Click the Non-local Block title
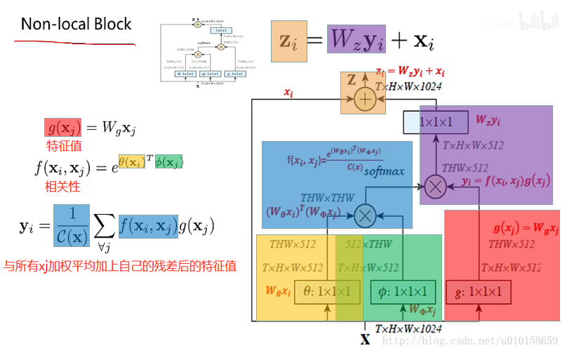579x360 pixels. click(x=76, y=24)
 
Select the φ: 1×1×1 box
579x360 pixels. click(x=403, y=292)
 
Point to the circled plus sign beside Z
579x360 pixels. click(x=364, y=100)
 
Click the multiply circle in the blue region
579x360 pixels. click(x=364, y=216)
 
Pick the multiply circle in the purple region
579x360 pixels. click(x=436, y=186)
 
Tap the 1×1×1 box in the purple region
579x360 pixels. click(x=436, y=122)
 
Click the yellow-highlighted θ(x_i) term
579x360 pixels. click(x=132, y=161)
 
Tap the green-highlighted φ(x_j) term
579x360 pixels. click(x=168, y=161)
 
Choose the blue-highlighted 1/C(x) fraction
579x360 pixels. click(x=71, y=226)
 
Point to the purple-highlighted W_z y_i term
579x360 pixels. click(x=357, y=39)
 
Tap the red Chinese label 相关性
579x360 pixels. click(x=61, y=187)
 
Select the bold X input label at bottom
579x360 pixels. click(x=365, y=340)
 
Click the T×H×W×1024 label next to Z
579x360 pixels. click(x=408, y=86)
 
